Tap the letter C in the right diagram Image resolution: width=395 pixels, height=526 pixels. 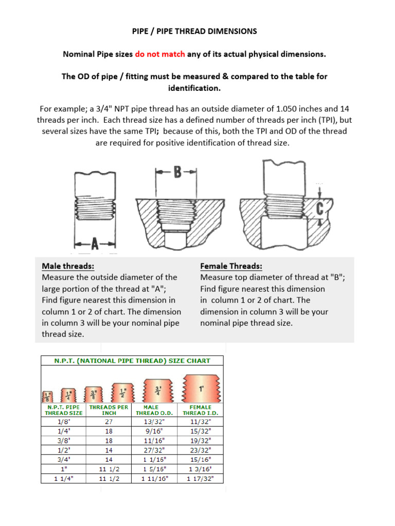tap(320, 209)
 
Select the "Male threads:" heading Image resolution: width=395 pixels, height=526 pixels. tap(67, 266)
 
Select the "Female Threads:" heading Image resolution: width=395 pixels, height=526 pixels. tap(231, 266)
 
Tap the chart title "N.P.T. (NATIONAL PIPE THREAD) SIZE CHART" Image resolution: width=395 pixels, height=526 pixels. tap(133, 361)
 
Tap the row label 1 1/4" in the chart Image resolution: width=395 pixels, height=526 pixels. tap(63, 478)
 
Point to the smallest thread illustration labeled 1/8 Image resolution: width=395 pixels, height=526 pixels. tap(47, 396)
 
